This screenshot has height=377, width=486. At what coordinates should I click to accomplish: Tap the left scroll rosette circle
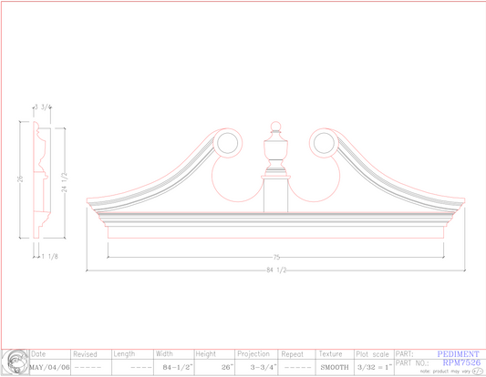(227, 143)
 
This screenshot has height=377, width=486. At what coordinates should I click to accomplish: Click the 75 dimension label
(274, 257)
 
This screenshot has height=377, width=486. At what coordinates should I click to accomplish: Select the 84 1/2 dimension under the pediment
(274, 270)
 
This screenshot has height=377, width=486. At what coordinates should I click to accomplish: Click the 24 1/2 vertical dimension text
(62, 185)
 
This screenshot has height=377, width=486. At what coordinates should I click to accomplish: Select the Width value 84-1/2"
(171, 367)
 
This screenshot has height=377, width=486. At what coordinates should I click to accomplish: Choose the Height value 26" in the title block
(227, 367)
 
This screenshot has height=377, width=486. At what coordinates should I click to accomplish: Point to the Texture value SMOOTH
(334, 367)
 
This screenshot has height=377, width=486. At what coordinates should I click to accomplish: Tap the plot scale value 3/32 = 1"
(374, 367)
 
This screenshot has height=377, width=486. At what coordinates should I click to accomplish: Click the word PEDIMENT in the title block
(457, 353)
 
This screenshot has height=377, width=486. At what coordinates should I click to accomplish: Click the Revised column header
(85, 353)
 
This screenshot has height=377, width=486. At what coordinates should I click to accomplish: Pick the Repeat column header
(292, 353)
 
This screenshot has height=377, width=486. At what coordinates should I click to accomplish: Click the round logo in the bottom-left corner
(15, 362)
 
